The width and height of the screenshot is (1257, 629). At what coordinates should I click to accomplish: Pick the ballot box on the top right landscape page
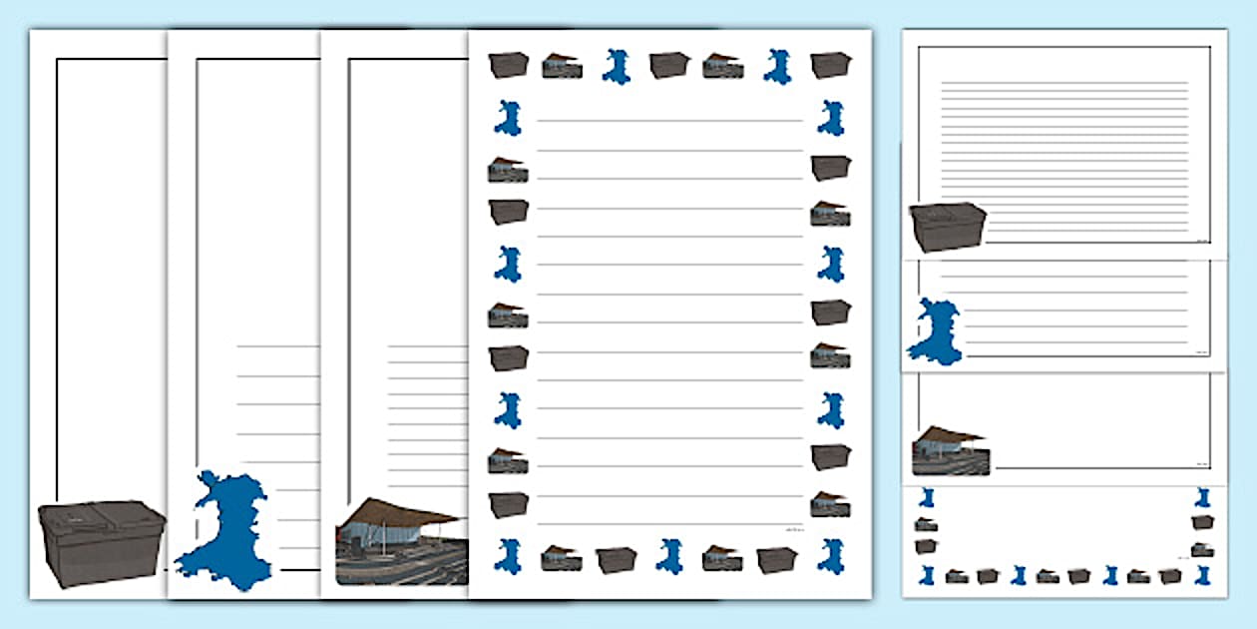(948, 227)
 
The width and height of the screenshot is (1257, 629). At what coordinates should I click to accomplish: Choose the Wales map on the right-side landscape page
(936, 329)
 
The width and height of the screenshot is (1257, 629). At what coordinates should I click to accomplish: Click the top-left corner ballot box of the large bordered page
(508, 64)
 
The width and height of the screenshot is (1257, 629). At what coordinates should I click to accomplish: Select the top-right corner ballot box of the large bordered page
(830, 64)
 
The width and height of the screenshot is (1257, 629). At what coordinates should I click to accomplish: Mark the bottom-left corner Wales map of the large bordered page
(508, 555)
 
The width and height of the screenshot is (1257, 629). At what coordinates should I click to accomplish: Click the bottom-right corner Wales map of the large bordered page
(830, 555)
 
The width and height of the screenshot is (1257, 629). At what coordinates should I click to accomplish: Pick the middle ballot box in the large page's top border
(669, 65)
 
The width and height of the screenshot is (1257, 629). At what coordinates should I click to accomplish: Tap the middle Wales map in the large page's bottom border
(669, 556)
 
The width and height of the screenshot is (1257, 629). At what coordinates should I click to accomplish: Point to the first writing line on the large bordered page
(669, 121)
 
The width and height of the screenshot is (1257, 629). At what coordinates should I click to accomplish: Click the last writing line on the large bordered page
(669, 523)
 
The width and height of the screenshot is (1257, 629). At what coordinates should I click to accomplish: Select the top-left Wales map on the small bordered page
(927, 497)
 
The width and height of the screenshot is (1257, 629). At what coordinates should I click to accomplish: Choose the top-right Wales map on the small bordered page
(1203, 497)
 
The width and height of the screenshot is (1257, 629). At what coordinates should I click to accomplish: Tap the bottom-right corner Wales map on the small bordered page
(1203, 576)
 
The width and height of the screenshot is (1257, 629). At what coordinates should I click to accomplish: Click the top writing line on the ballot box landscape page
(1064, 82)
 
